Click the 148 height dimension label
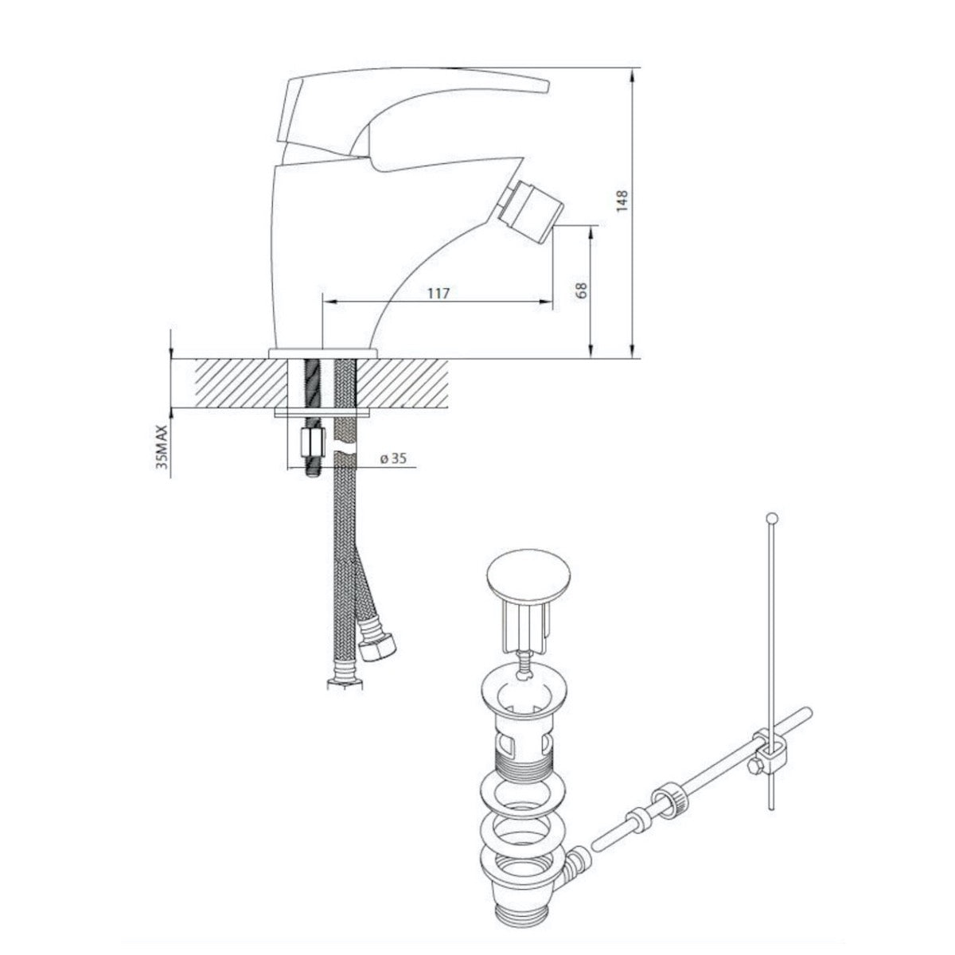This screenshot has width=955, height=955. click(623, 200)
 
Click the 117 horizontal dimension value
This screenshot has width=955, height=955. click(439, 293)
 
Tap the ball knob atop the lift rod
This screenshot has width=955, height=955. click(770, 518)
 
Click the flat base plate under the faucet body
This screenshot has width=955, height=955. click(322, 352)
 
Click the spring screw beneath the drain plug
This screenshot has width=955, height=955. click(523, 661)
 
